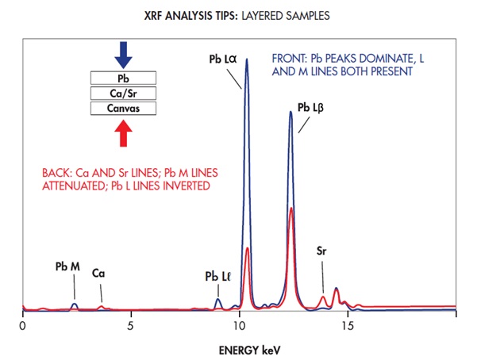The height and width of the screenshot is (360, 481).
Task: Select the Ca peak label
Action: click(99, 273)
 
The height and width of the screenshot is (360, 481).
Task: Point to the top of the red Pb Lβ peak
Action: click(291, 209)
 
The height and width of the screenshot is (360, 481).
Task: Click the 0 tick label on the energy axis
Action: click(23, 325)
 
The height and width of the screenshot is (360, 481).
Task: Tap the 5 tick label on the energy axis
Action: click(131, 325)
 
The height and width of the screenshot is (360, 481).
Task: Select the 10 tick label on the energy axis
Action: click(240, 325)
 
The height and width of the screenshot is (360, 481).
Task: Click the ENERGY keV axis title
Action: click(240, 348)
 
